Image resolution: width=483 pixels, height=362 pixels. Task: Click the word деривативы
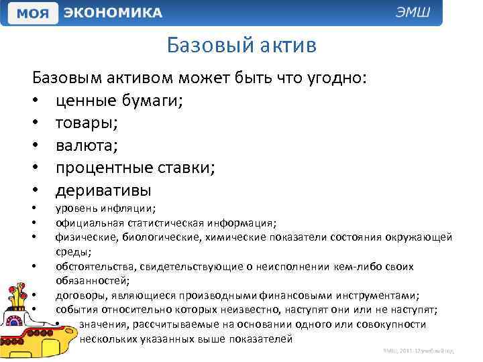103,190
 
